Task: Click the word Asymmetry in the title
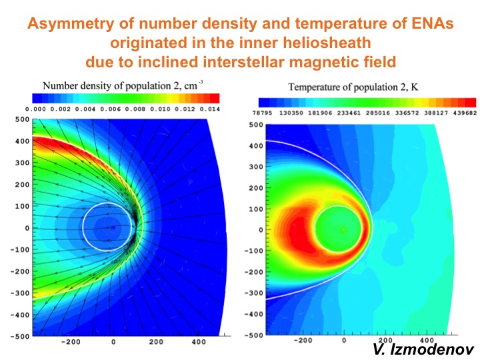click(x=71, y=23)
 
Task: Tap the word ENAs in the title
click(x=431, y=23)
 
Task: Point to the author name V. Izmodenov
click(x=423, y=349)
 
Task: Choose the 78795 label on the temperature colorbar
click(x=262, y=113)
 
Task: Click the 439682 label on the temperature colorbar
click(x=465, y=113)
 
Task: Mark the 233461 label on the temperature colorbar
click(x=349, y=113)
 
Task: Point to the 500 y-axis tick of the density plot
click(x=23, y=119)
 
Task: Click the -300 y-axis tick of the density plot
click(x=20, y=293)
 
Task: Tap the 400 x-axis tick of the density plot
click(x=199, y=341)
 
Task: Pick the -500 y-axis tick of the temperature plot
click(x=254, y=335)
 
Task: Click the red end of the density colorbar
click(x=215, y=98)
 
